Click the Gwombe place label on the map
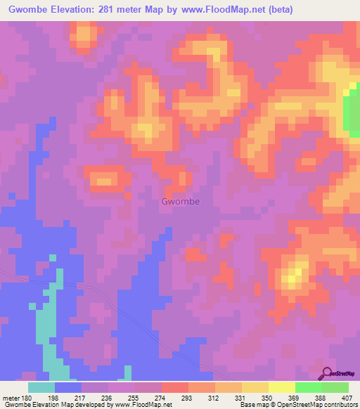[180, 202]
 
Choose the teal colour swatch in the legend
[41, 387]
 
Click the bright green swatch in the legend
[308, 387]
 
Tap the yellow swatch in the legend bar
[281, 387]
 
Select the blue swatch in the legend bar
[68, 387]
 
